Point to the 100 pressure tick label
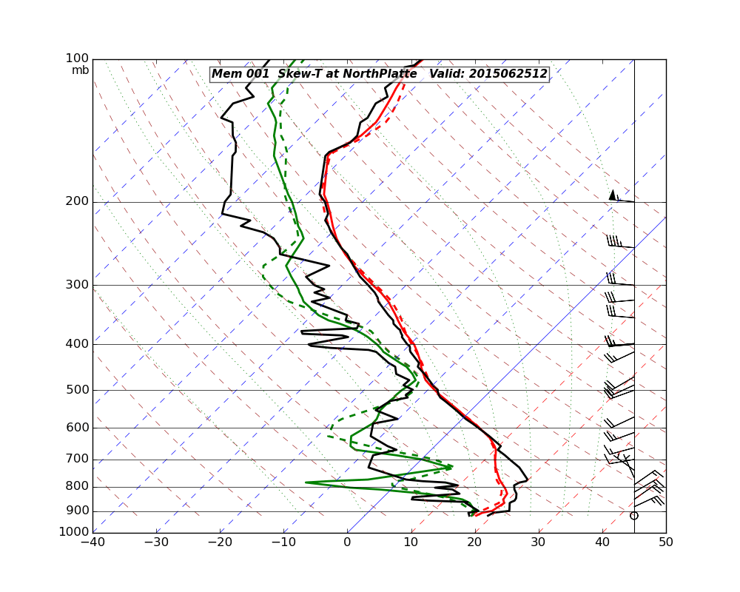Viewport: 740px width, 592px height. pyautogui.click(x=78, y=58)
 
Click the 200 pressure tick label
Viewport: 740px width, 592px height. pyautogui.click(x=78, y=202)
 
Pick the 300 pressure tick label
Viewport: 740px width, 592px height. pyautogui.click(x=78, y=285)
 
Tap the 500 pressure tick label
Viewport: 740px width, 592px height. pyautogui.click(x=78, y=390)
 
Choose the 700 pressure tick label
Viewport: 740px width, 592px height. pyautogui.click(x=78, y=460)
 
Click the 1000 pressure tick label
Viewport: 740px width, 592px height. pyautogui.click(x=75, y=532)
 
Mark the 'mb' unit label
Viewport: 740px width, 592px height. pyautogui.click(x=80, y=70)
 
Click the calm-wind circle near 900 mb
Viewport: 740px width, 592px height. pyautogui.click(x=633, y=516)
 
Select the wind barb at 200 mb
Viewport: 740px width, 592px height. pyautogui.click(x=620, y=198)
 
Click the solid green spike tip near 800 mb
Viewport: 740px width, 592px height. pyautogui.click(x=306, y=482)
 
